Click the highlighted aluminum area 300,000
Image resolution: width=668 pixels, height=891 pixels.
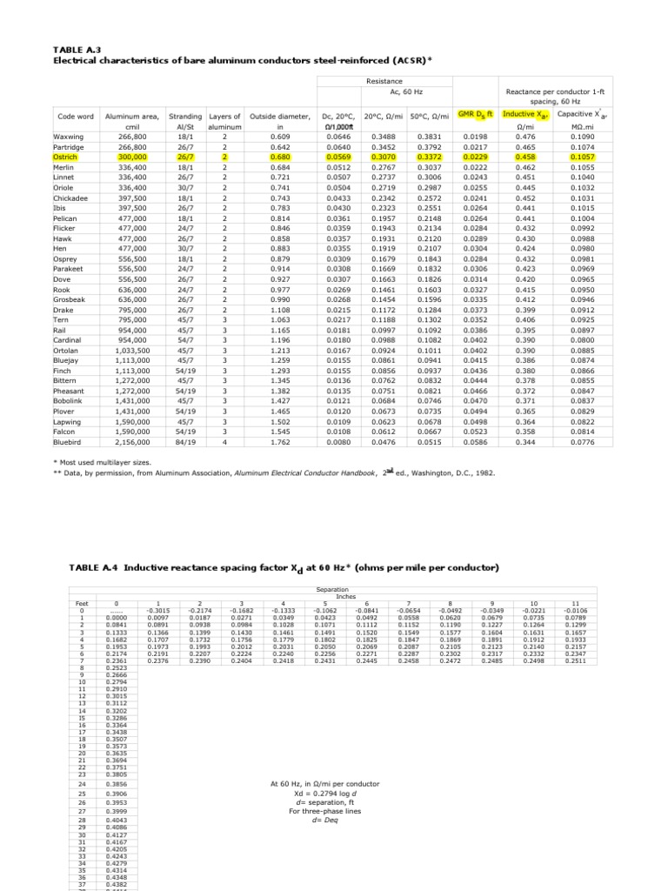[127, 157]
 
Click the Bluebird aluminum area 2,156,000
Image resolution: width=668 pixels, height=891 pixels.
[127, 442]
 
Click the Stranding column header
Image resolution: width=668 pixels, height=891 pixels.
[184, 116]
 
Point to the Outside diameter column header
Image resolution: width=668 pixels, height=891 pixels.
[279, 116]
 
